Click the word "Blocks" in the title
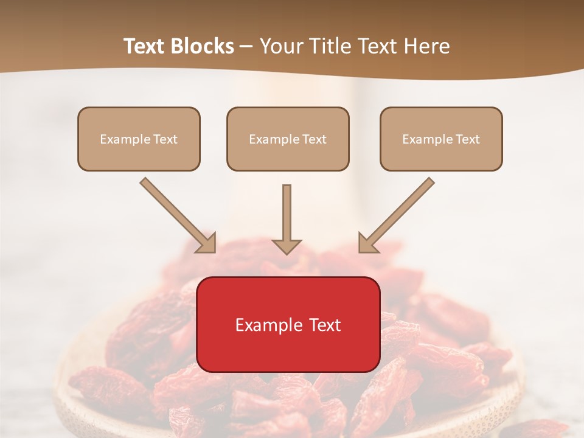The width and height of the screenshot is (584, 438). point(204,46)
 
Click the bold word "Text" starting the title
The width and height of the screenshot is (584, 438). point(146,46)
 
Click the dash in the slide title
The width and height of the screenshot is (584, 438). point(246,46)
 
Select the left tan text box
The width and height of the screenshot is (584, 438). point(139,139)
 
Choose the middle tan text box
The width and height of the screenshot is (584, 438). point(288,139)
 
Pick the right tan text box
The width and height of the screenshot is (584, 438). point(441,139)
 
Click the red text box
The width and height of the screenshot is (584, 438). point(288,324)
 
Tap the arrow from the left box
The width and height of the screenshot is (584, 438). point(176,214)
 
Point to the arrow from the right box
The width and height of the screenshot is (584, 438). point(398,214)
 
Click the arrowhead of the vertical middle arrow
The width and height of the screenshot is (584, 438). point(287,246)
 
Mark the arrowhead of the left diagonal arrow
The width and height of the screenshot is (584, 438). point(207,243)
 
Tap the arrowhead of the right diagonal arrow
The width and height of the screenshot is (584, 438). point(367,243)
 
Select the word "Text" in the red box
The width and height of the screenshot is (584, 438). point(326,325)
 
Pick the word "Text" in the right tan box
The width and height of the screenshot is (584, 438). point(467,139)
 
